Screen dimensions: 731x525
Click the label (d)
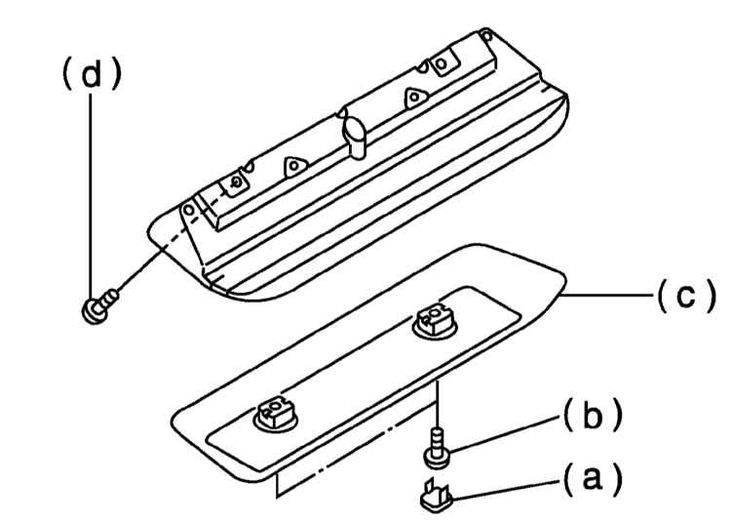click(x=92, y=74)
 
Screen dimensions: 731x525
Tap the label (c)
click(x=686, y=296)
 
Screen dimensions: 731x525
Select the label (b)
click(x=593, y=415)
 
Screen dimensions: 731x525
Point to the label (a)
click(x=593, y=479)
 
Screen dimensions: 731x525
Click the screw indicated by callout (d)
click(x=99, y=305)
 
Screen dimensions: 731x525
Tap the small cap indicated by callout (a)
click(x=437, y=497)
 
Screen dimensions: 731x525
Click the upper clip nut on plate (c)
click(x=435, y=321)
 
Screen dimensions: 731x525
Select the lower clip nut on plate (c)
click(x=277, y=415)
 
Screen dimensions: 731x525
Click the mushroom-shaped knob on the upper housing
click(x=356, y=137)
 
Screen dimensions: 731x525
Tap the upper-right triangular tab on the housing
click(x=414, y=98)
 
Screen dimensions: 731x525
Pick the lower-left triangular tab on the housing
click(x=294, y=166)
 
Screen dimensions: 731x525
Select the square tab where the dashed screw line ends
click(x=236, y=182)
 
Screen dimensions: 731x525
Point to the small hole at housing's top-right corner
click(x=486, y=35)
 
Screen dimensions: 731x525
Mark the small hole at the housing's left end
click(x=189, y=210)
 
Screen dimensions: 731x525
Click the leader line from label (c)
click(x=606, y=295)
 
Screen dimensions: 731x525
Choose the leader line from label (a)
click(x=506, y=491)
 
